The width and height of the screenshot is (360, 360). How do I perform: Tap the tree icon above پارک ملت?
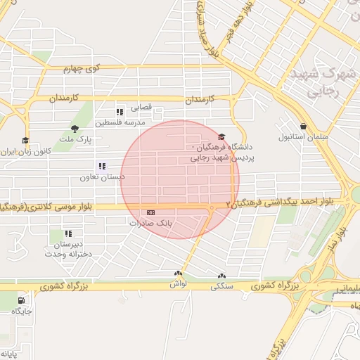(74, 128)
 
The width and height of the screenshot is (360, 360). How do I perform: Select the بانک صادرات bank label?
(151, 222)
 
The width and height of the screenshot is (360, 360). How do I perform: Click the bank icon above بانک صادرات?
(150, 212)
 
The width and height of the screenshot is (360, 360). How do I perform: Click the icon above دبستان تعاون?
(103, 167)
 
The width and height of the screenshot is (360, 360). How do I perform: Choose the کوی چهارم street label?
(82, 69)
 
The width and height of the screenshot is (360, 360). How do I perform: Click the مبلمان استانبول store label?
(303, 137)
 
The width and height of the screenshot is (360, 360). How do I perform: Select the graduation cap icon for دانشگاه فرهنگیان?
(222, 138)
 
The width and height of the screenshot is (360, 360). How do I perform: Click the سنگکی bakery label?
(222, 286)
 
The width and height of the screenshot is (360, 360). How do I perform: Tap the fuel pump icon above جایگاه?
(21, 300)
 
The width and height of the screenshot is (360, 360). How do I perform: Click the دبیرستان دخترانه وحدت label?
(68, 249)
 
